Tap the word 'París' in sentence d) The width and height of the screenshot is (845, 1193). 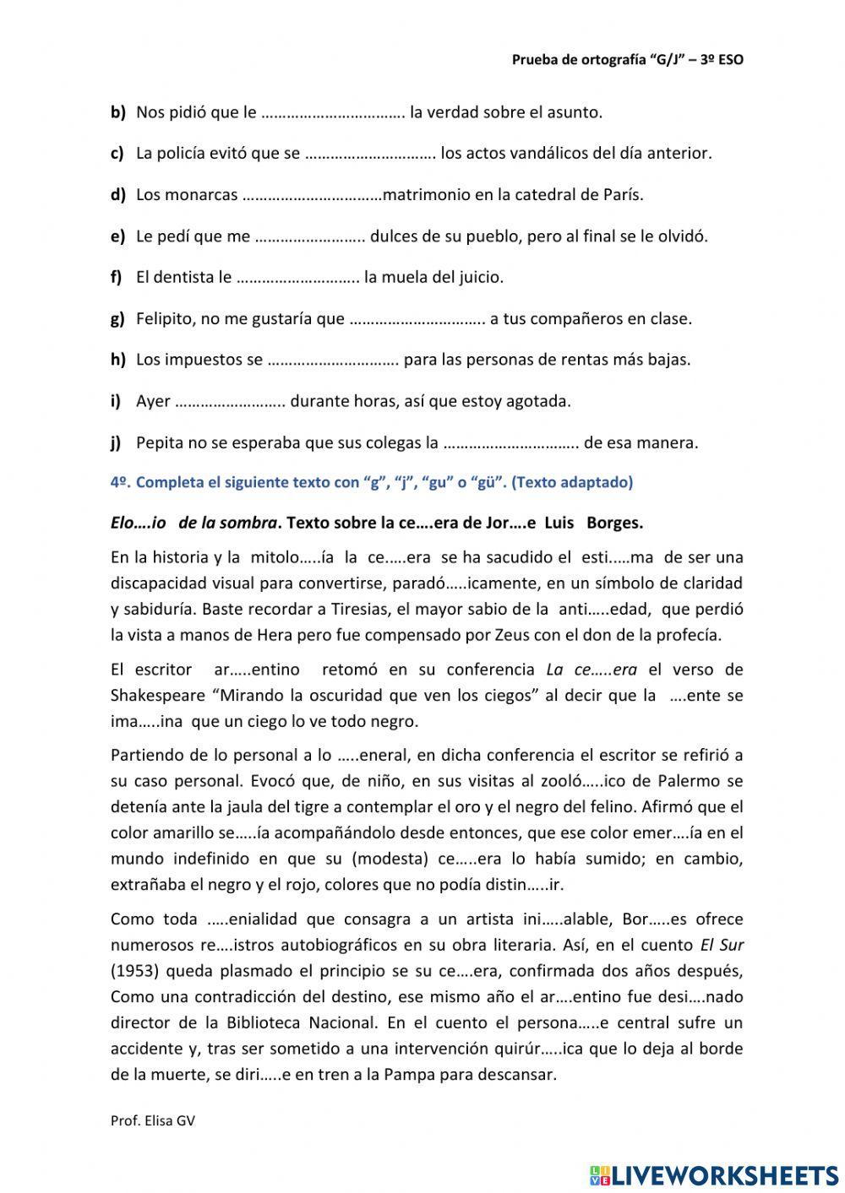624,194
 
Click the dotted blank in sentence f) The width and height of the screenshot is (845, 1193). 297,277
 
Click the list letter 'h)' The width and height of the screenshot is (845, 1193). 117,360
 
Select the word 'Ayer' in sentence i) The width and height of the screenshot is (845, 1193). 153,401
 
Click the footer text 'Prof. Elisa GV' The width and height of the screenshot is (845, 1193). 153,1120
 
